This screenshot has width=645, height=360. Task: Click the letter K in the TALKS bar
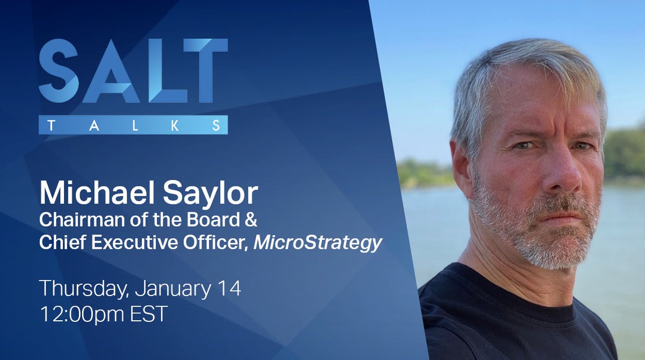tap(185, 125)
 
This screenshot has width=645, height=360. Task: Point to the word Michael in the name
tap(87, 194)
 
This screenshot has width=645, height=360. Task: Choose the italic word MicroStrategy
tap(318, 243)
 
